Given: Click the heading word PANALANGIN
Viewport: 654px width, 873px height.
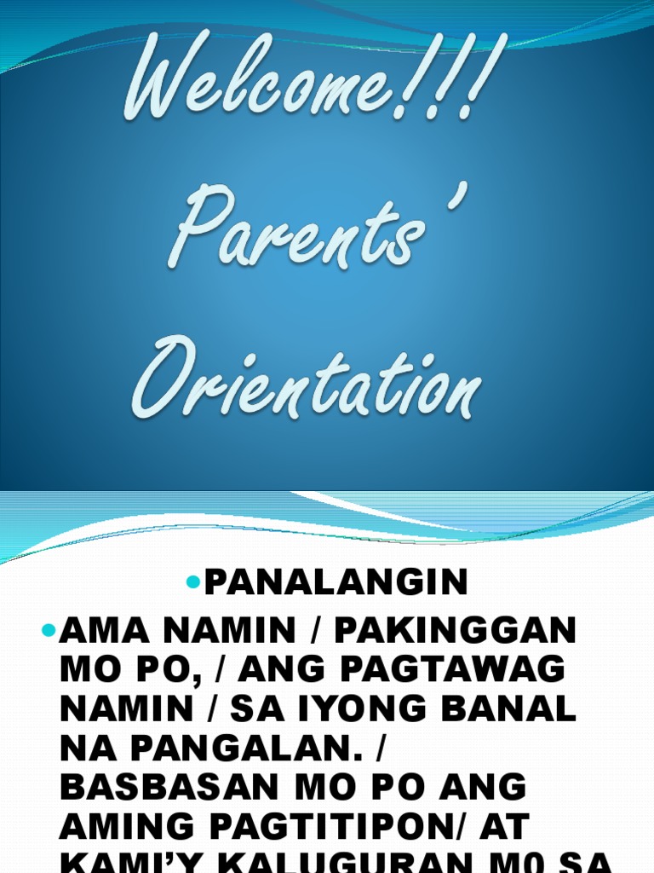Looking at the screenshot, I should (x=336, y=583).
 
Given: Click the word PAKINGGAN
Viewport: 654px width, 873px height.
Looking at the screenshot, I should (x=456, y=632).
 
